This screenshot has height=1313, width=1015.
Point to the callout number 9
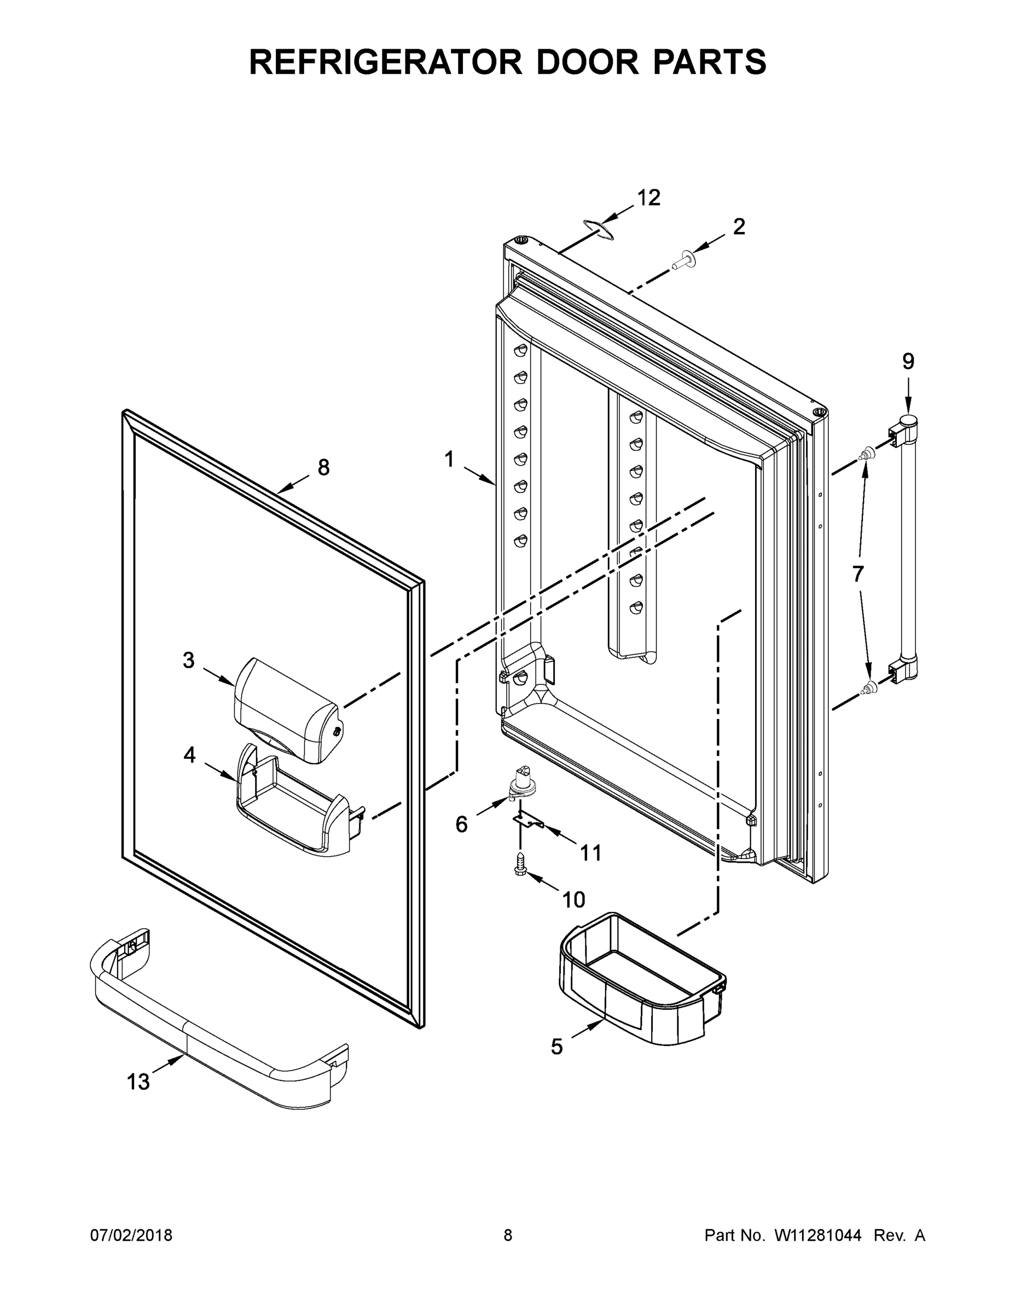(908, 361)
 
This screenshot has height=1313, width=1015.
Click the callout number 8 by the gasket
(323, 467)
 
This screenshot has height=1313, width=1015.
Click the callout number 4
(189, 754)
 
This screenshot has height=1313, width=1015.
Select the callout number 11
(591, 852)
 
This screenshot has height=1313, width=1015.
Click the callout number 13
(138, 1082)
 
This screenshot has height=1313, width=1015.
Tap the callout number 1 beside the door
(449, 460)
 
